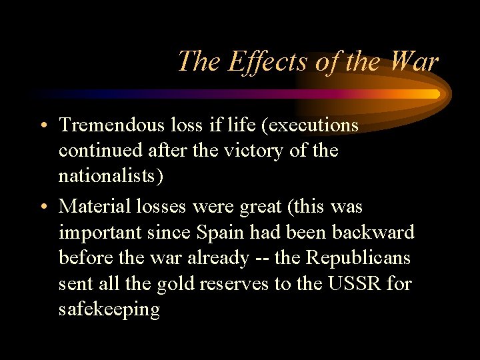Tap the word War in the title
[414, 62]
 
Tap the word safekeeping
[109, 309]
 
